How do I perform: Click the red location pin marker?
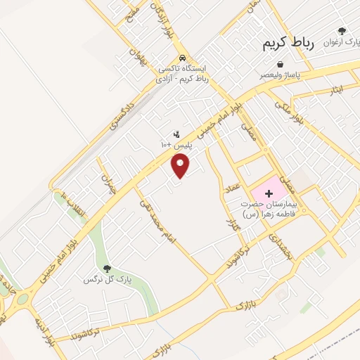pos(181,166)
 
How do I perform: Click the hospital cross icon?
pos(268,191)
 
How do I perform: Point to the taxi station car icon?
pos(183,58)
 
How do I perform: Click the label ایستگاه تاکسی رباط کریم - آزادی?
pos(183,73)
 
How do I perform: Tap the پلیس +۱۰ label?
pos(176,144)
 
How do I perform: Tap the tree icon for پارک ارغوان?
pos(342,31)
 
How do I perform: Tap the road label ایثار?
pos(336,90)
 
